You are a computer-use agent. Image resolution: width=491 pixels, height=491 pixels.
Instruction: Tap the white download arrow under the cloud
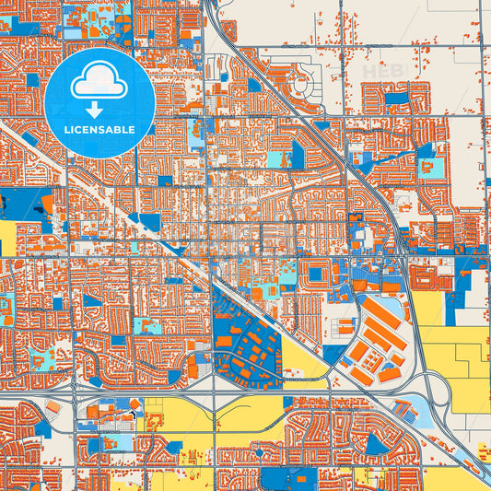tap(99, 109)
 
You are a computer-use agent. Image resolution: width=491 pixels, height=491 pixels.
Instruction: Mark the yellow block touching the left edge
tap(7, 238)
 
